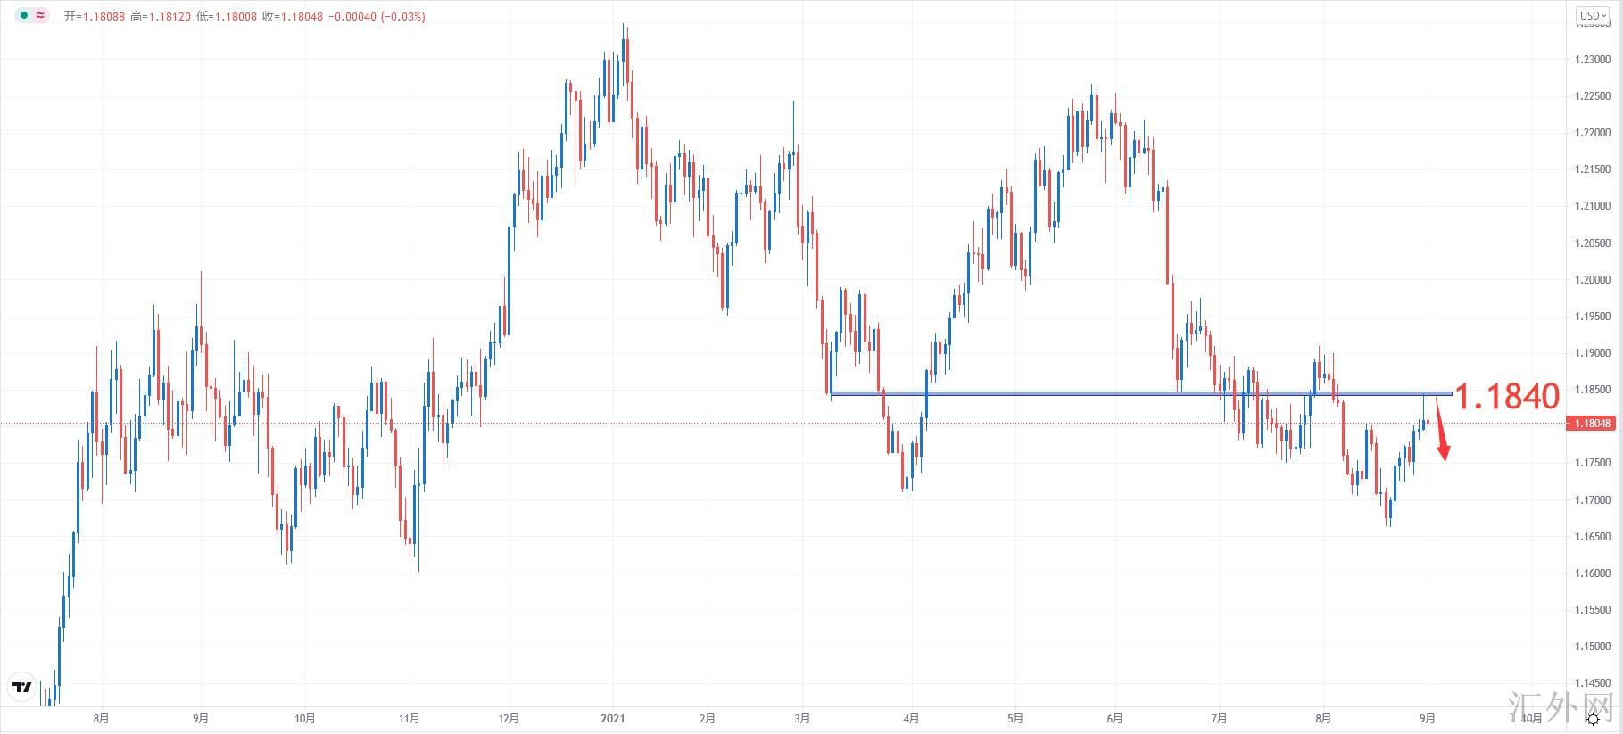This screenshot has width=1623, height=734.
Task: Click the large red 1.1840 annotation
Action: [1507, 397]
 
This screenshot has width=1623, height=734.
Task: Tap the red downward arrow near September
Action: [1442, 441]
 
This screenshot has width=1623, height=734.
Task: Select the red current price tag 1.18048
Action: [1593, 424]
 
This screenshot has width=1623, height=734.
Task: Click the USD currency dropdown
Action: [1593, 15]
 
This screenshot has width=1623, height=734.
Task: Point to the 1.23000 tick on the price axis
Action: [1593, 60]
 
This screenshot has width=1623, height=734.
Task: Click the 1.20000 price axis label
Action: [1593, 280]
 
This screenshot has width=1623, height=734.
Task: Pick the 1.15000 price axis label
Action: [1593, 647]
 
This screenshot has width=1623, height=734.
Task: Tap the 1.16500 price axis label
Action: [1593, 537]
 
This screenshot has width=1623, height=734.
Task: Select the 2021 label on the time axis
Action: [613, 718]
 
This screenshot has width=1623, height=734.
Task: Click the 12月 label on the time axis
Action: [509, 718]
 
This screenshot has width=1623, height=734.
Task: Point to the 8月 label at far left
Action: [101, 718]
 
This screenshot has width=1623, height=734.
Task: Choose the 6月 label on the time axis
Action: [1114, 718]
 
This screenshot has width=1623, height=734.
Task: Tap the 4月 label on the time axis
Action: [911, 718]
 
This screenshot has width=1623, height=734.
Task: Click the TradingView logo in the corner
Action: [22, 688]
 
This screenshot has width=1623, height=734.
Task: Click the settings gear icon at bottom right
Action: [1593, 719]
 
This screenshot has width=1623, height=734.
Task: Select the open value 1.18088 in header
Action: [104, 16]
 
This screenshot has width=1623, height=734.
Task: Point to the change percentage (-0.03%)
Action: [402, 16]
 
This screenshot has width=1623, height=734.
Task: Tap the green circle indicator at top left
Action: [24, 15]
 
